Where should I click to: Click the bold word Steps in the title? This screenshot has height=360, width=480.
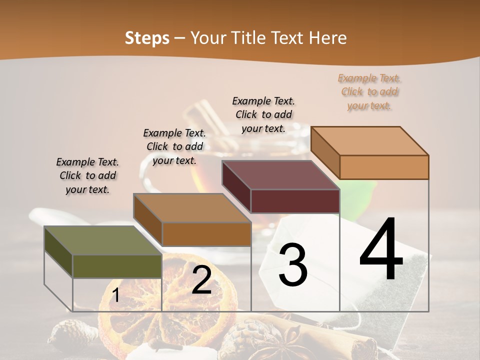[x=147, y=38]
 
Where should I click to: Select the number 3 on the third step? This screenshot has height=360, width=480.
[x=293, y=264]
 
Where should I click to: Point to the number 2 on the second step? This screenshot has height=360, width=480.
[x=201, y=280]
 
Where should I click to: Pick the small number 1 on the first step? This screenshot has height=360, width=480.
[x=115, y=295]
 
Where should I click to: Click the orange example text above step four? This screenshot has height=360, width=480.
[x=369, y=92]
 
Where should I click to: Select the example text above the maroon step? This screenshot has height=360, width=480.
[x=263, y=114]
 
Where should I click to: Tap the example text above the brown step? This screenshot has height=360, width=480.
[x=174, y=146]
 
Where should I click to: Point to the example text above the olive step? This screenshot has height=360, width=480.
[x=87, y=175]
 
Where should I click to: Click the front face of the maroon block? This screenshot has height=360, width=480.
[x=295, y=201]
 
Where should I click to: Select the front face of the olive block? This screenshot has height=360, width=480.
[x=117, y=266]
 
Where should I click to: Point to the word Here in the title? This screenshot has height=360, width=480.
[x=328, y=38]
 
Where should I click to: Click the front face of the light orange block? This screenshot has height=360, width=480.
[x=384, y=167]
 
